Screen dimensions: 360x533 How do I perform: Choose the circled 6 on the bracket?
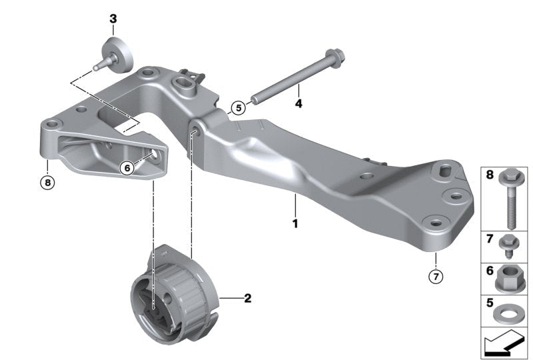[126, 169]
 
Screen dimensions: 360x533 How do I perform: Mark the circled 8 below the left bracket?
[46, 181]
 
